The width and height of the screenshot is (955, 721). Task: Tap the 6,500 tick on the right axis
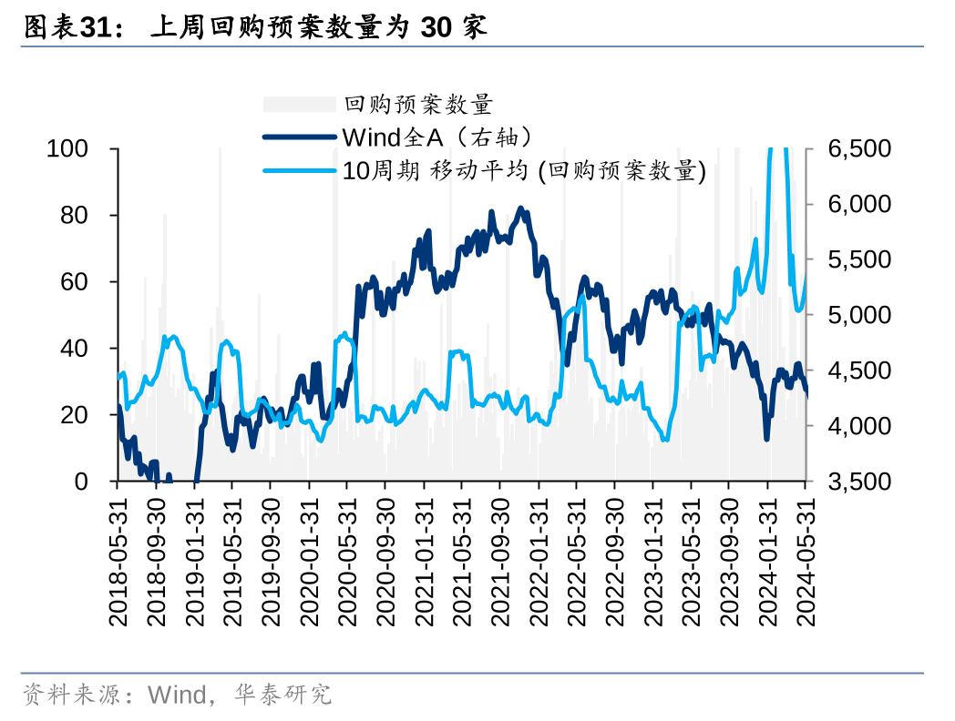point(857,148)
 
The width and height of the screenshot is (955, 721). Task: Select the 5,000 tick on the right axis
point(857,315)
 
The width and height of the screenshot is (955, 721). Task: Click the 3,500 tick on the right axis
point(857,482)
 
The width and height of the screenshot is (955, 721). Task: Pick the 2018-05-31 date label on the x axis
point(119,560)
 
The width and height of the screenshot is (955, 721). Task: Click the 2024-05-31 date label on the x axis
point(806,560)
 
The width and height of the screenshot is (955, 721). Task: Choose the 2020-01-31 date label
point(310,560)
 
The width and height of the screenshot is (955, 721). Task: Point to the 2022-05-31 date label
point(577,560)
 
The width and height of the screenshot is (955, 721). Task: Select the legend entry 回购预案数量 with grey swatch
point(418,105)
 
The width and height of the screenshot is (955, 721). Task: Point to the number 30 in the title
point(435,28)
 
